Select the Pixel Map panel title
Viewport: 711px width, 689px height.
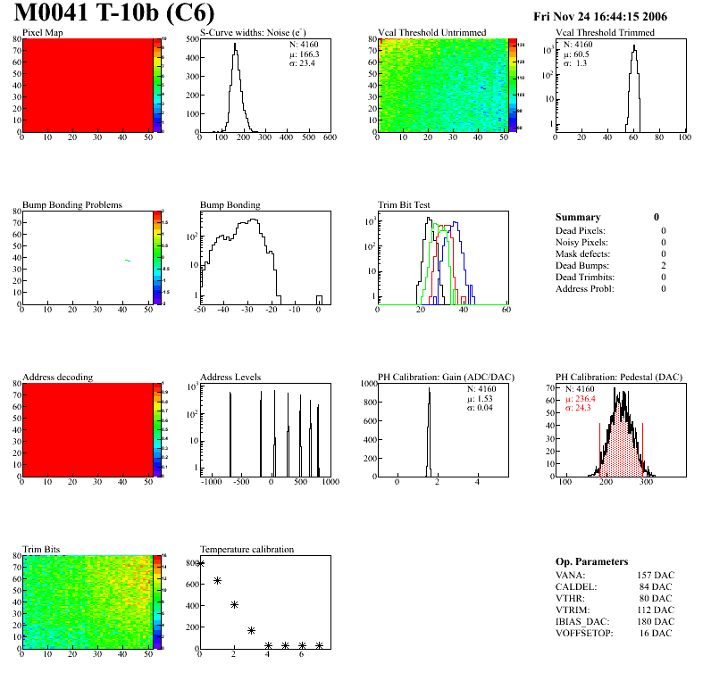[x=42, y=33]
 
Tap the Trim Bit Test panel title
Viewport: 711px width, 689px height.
[x=405, y=205]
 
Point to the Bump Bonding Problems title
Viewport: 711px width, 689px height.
[x=72, y=205]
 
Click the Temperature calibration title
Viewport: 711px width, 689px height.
[x=247, y=549]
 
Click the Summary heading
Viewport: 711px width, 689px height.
[x=578, y=217]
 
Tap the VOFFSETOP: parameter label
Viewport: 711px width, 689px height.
[x=586, y=633]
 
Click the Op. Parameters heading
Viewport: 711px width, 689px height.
[x=591, y=561]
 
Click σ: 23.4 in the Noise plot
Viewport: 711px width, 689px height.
[x=305, y=62]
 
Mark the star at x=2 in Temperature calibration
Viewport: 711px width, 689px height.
[x=234, y=604]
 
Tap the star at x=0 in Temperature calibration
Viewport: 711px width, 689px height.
[x=200, y=563]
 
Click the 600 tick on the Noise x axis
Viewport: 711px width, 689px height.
[x=329, y=138]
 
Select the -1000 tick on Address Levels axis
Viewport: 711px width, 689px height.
[x=212, y=482]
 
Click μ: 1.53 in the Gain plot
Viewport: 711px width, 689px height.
[x=482, y=399]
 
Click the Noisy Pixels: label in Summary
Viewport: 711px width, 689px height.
[x=581, y=243]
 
